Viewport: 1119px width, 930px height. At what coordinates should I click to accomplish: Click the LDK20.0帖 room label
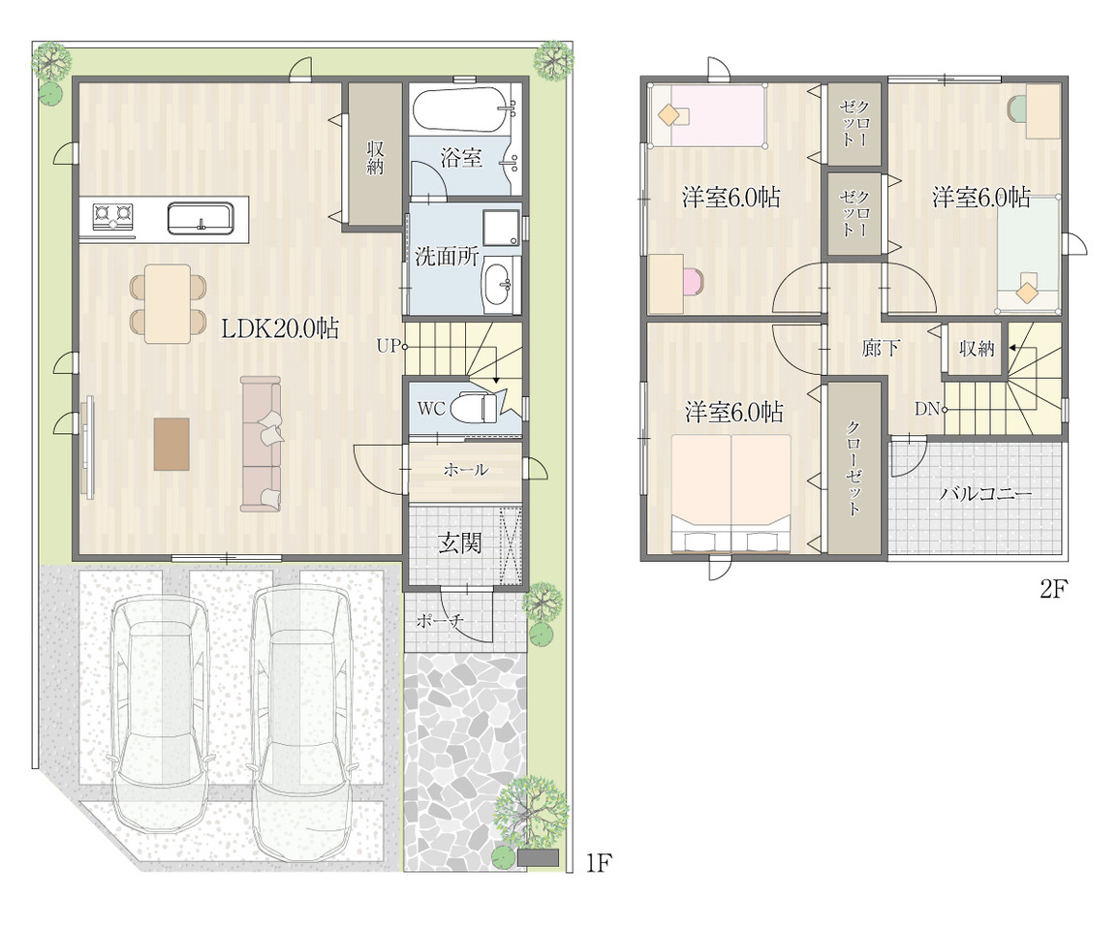(280, 328)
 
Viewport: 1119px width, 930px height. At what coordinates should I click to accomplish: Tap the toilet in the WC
(479, 408)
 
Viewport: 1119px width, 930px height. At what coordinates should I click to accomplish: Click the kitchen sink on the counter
(201, 218)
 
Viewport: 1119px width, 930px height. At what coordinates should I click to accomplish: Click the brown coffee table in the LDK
(172, 444)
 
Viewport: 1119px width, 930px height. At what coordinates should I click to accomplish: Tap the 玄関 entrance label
(459, 543)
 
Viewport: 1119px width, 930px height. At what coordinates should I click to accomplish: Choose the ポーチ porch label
(440, 621)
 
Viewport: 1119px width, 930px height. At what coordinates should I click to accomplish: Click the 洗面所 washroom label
(446, 256)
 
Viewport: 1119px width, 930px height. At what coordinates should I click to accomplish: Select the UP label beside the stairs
(389, 347)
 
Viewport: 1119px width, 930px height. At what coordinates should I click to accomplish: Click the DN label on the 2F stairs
(927, 409)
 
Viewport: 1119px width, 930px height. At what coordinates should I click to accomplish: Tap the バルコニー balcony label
(985, 494)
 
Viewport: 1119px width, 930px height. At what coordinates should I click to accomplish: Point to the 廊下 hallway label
(881, 348)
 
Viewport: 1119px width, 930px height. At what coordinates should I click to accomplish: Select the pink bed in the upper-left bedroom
(708, 115)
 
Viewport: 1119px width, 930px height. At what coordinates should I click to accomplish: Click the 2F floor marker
(1052, 590)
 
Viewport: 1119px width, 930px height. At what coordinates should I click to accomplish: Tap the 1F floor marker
(599, 863)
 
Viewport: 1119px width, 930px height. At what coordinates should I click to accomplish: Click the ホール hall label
(465, 470)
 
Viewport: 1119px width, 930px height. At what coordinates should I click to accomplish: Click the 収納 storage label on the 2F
(977, 349)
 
